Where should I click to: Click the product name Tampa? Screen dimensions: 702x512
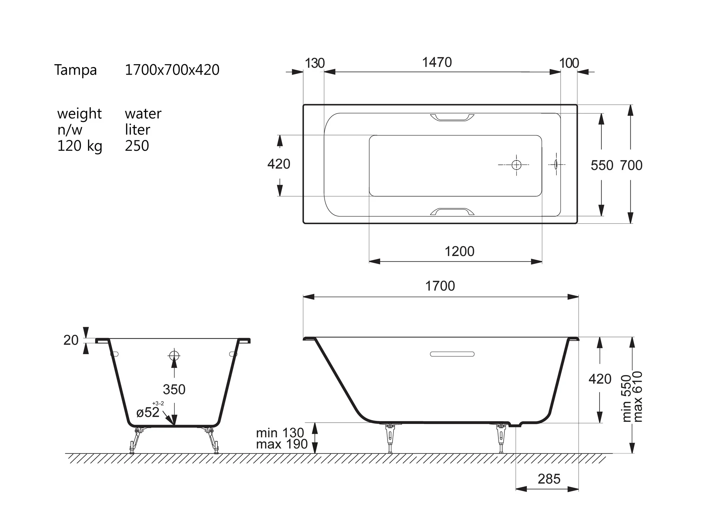click(75, 70)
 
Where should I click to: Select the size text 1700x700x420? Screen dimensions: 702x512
click(172, 70)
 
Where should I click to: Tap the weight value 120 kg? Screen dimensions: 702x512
click(80, 146)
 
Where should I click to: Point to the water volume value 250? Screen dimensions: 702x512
click(137, 146)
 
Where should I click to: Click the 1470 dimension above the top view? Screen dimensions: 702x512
click(437, 62)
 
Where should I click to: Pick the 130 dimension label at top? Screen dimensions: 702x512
click(315, 63)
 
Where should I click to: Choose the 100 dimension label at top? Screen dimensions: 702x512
click(569, 63)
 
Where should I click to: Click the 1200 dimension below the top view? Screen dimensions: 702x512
click(459, 251)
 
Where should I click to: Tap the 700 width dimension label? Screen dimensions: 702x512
click(631, 165)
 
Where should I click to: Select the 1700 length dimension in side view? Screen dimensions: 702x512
click(440, 286)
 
